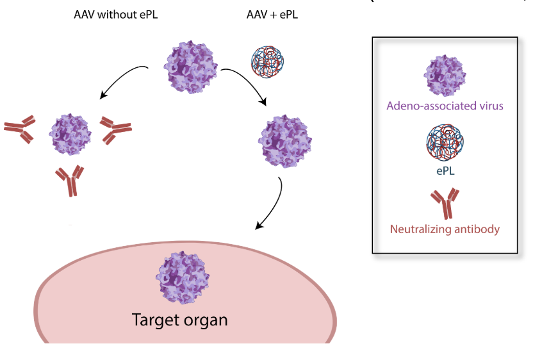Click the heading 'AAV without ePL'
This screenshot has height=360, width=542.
(115, 14)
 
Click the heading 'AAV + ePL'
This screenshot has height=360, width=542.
(272, 14)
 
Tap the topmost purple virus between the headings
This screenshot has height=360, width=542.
(192, 67)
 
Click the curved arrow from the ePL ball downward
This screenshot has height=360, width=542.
(247, 83)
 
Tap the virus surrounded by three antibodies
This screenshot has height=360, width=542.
(72, 135)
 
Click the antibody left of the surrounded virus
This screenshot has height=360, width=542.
(20, 129)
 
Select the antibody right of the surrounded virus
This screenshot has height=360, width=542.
(116, 129)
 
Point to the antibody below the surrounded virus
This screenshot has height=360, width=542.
(70, 181)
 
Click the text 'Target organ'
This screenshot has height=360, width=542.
(179, 319)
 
